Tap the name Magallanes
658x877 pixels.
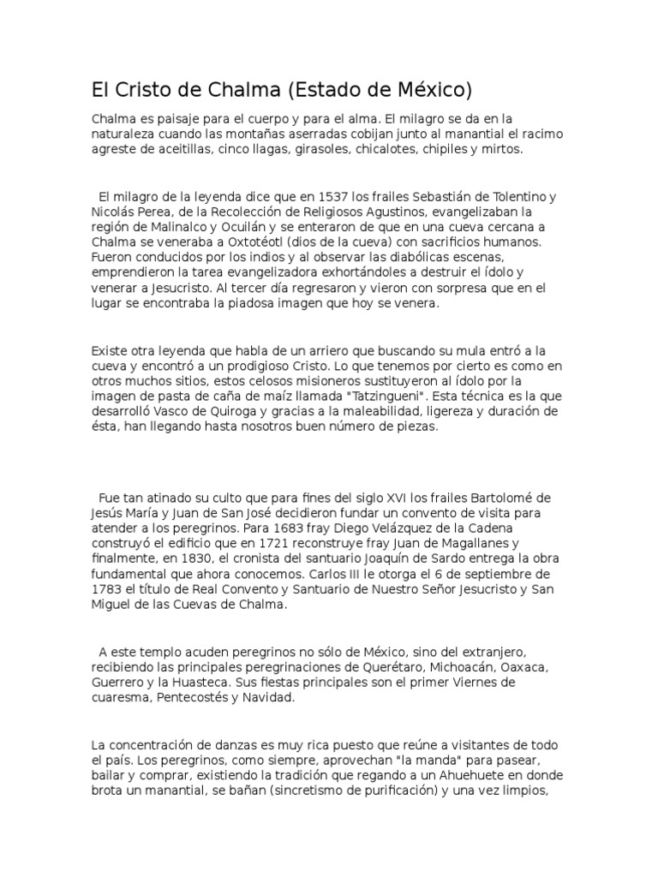tap(482, 543)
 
